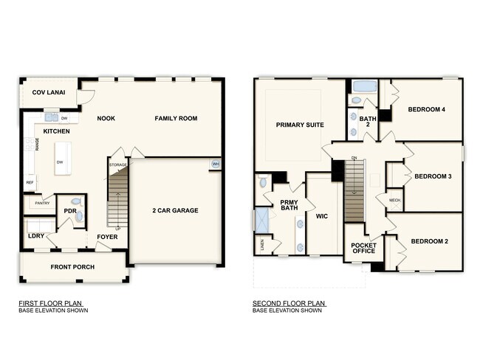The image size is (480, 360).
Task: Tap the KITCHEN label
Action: (57, 131)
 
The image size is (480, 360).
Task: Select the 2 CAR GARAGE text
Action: (176, 210)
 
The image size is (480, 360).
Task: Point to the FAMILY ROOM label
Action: (176, 118)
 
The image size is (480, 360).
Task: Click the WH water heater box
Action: (216, 164)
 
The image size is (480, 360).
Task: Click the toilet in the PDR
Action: (79, 216)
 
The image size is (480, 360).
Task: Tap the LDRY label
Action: (36, 236)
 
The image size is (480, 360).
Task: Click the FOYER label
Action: (107, 237)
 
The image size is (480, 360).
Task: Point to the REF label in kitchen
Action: (30, 182)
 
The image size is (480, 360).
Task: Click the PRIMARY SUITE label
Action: (300, 125)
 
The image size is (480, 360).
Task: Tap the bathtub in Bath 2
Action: (363, 86)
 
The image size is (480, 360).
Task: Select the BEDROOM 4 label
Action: (426, 110)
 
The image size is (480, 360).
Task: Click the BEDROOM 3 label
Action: (433, 176)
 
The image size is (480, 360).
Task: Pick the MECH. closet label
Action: (394, 200)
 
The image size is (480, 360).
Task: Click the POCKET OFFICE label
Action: (363, 247)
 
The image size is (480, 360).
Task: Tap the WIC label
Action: (320, 217)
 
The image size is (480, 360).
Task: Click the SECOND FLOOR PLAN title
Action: (288, 302)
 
